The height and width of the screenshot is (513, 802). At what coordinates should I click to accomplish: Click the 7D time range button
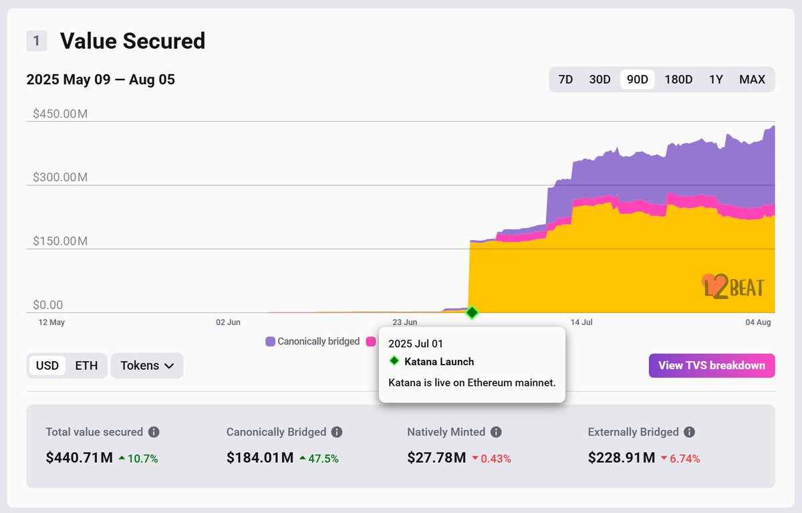[565, 80]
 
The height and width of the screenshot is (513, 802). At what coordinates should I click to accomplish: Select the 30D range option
[599, 80]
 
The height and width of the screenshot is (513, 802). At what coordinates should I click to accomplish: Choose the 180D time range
[678, 80]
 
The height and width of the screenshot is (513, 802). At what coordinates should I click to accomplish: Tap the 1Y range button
[716, 80]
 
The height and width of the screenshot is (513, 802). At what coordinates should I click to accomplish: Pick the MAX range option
[752, 80]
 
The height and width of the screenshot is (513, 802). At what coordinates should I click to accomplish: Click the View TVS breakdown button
[711, 365]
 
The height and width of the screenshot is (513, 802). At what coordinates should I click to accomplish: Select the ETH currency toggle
[86, 365]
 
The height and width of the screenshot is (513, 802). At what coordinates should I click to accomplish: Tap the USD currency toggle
[47, 365]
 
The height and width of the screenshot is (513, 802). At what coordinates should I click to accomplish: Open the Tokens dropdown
[147, 365]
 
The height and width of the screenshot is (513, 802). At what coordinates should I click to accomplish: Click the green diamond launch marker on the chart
[472, 312]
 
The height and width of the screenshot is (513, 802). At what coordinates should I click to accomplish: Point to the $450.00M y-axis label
[60, 114]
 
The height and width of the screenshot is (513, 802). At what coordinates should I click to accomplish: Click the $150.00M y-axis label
[60, 241]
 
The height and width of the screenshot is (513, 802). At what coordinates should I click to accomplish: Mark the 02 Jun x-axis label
[228, 322]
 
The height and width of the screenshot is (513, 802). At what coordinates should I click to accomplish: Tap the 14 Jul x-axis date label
[581, 322]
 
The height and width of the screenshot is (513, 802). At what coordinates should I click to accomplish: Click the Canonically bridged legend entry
[313, 341]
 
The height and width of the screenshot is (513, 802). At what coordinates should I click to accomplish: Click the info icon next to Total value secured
[154, 432]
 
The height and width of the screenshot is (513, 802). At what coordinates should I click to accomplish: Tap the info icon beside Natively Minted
[496, 432]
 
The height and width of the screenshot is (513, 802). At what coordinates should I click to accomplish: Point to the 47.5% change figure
[323, 459]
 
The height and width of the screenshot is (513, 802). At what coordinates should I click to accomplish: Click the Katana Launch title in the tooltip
[439, 362]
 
